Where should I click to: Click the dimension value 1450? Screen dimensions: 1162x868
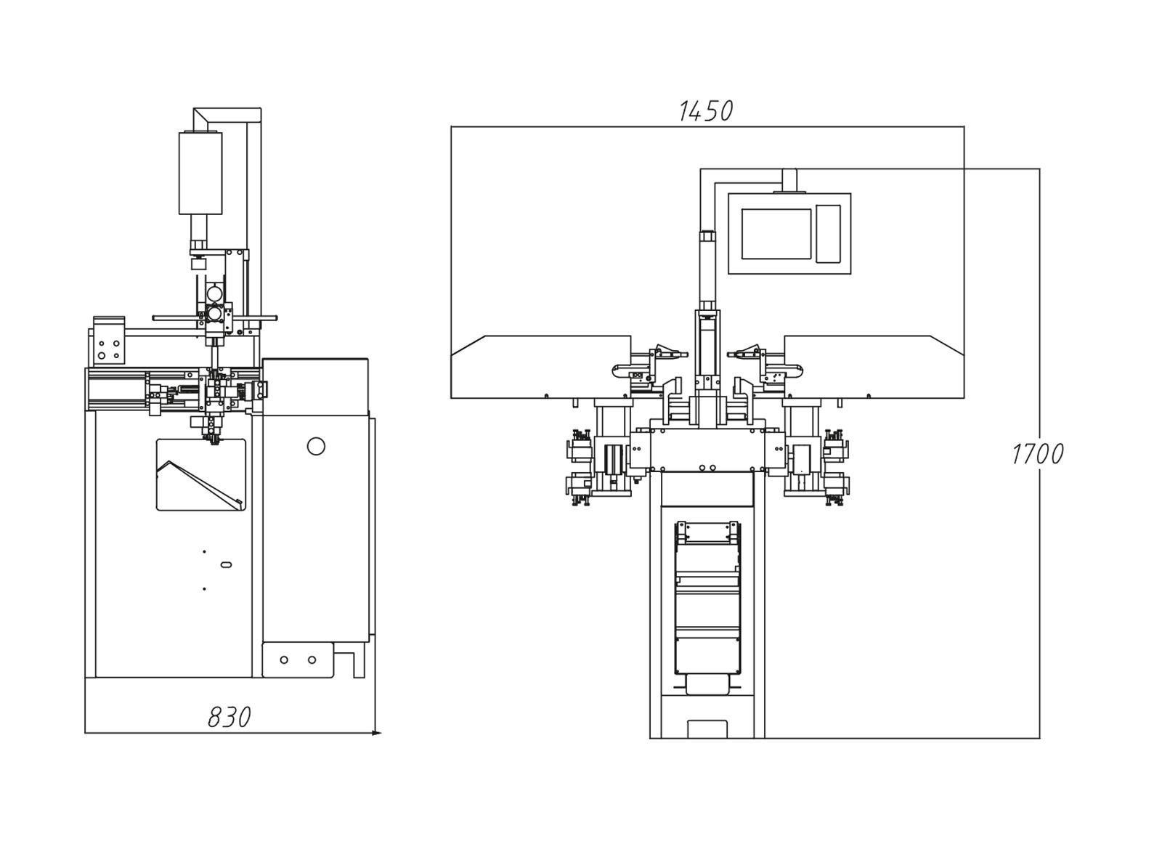coord(706,111)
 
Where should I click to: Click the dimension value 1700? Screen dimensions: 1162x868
coord(1037,454)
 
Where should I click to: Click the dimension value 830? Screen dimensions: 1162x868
coord(229,718)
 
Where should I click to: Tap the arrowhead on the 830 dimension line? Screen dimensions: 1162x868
coord(376,733)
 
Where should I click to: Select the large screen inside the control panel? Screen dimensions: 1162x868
coord(776,234)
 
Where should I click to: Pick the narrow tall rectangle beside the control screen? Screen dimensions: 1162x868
coord(828,233)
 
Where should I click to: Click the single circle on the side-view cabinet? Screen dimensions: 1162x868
coord(316,446)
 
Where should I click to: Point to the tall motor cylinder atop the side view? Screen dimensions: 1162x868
coord(200,173)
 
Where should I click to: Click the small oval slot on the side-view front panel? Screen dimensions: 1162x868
coord(226,564)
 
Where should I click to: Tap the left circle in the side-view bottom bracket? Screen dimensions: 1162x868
coord(284,660)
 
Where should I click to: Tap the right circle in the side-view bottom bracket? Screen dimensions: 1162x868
coord(312,660)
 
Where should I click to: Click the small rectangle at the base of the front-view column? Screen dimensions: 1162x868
coord(707,729)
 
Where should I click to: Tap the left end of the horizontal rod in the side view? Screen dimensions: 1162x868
coord(153,318)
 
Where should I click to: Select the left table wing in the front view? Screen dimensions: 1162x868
coord(540,367)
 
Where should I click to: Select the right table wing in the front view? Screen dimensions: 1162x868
coord(874,367)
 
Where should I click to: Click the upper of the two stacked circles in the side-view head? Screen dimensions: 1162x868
coord(214,293)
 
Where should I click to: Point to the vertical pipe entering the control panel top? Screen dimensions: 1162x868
coord(789,180)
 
